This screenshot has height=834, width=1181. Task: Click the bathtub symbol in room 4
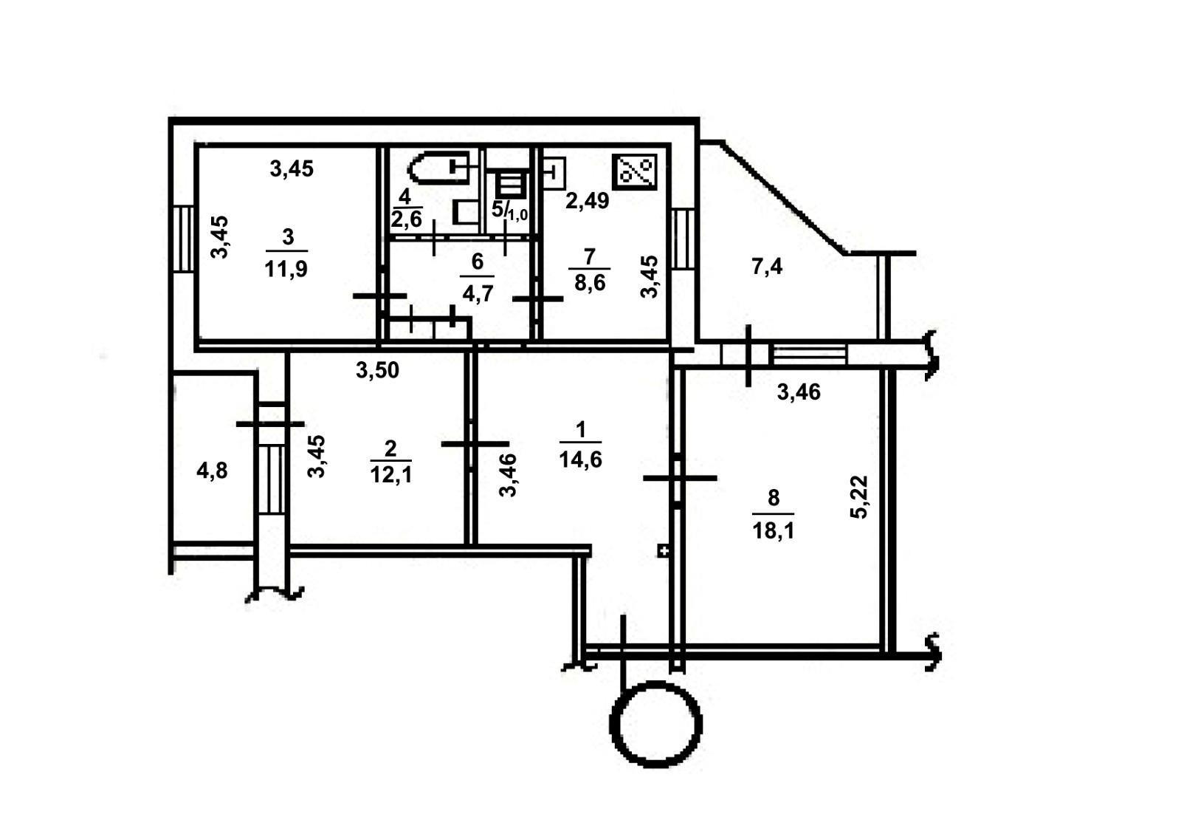coord(437,167)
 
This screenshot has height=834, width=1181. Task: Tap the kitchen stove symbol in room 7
coord(634,172)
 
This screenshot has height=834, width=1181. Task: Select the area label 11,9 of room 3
coord(286,269)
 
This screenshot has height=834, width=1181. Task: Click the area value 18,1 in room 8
coord(773,530)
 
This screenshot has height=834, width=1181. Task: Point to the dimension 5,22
coord(859,497)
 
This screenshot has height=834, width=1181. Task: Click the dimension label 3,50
coord(377,370)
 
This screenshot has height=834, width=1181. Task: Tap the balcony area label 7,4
coord(767,267)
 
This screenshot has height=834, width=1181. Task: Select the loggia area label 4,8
coord(212,471)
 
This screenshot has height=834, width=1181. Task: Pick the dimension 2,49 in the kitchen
coord(588,200)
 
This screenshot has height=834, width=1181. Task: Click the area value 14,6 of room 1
coord(580,459)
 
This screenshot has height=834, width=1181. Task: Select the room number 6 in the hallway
coord(477,261)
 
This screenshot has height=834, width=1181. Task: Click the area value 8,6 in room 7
coord(590,283)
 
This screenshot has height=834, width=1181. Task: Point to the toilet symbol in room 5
coord(511,185)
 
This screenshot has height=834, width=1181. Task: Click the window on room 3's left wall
coord(184,239)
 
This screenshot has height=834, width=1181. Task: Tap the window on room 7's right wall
coord(684,239)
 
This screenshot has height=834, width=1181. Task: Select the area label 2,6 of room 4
coord(406,219)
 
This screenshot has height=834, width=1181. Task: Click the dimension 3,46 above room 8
coord(799,392)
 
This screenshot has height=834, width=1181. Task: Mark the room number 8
coord(774,497)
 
